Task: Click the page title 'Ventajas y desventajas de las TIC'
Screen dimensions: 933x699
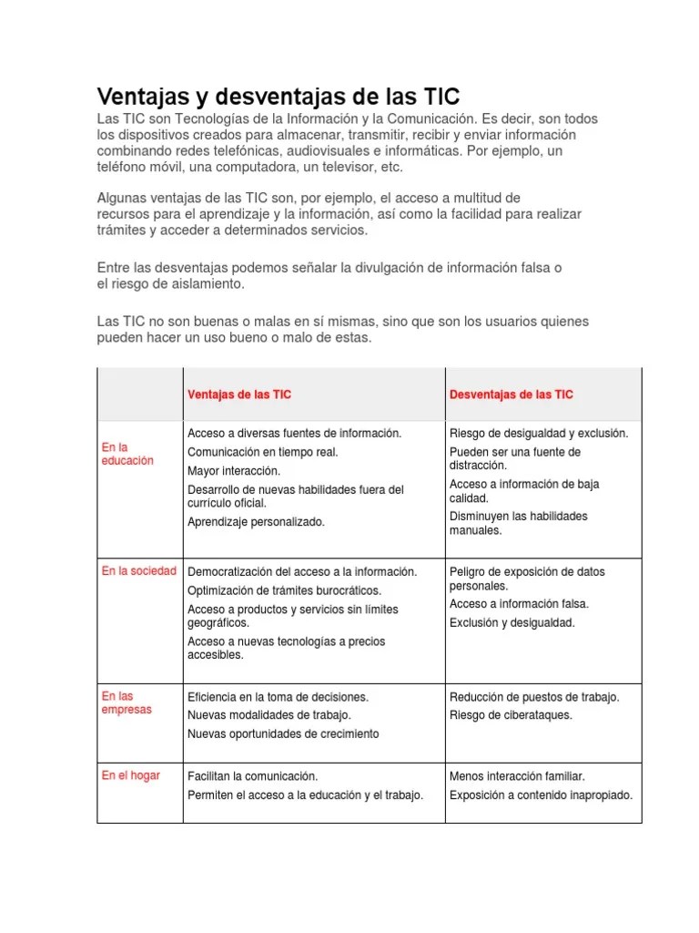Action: (279, 96)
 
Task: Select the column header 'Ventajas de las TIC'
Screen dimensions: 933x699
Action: (239, 395)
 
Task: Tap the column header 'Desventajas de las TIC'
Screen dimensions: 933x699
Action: (512, 395)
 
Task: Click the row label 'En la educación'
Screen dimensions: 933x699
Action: (127, 454)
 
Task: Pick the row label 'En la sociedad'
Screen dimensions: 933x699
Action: (138, 571)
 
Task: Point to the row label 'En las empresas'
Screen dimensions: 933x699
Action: (127, 702)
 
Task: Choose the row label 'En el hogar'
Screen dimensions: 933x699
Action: (130, 775)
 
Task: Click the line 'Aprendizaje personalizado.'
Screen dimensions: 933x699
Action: (256, 522)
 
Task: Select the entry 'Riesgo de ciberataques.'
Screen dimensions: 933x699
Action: (511, 715)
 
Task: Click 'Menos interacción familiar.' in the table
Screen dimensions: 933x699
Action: (517, 776)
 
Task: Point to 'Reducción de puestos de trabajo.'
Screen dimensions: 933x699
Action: (534, 697)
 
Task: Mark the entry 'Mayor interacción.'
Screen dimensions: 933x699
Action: (234, 471)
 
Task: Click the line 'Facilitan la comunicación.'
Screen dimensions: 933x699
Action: (252, 776)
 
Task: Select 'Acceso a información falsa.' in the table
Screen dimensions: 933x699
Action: (519, 604)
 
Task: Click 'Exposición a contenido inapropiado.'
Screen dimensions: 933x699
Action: (541, 795)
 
